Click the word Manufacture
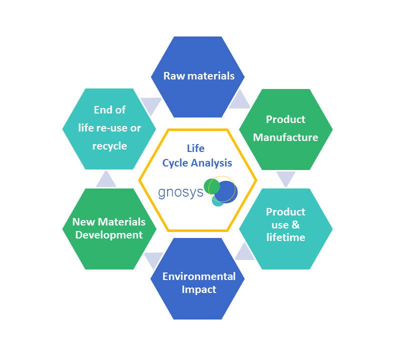(285, 137)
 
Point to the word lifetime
(285, 237)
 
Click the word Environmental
(199, 276)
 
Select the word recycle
(110, 146)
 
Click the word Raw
(174, 76)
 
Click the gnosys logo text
(180, 192)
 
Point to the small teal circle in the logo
(217, 201)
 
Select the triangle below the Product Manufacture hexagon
(286, 178)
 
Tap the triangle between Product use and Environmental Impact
(245, 253)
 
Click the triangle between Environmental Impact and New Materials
(154, 259)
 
